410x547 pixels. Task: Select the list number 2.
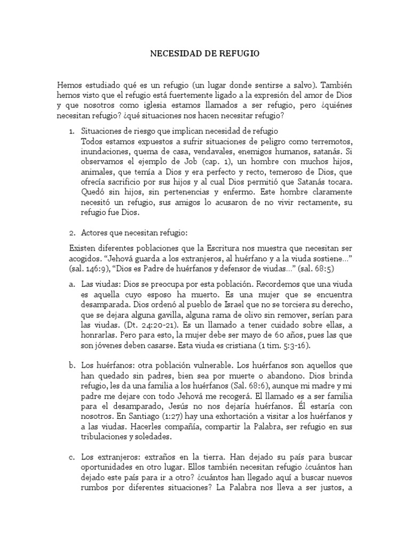click(72, 233)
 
